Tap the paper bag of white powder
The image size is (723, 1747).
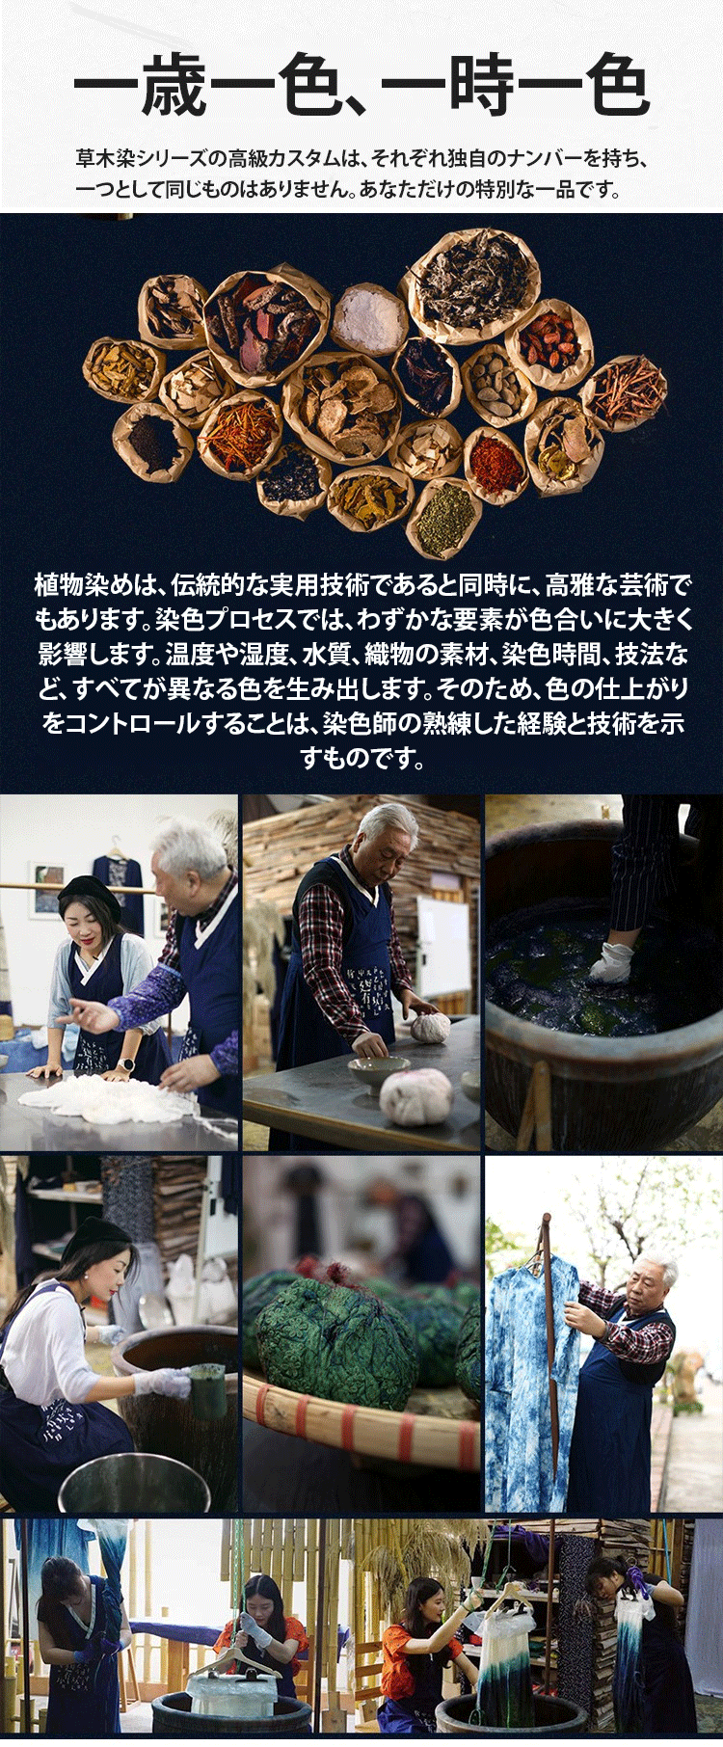(x=369, y=316)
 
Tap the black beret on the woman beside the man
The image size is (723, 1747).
(x=90, y=899)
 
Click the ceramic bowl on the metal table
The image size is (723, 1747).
(x=367, y=1074)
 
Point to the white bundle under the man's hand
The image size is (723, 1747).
(x=430, y=1026)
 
